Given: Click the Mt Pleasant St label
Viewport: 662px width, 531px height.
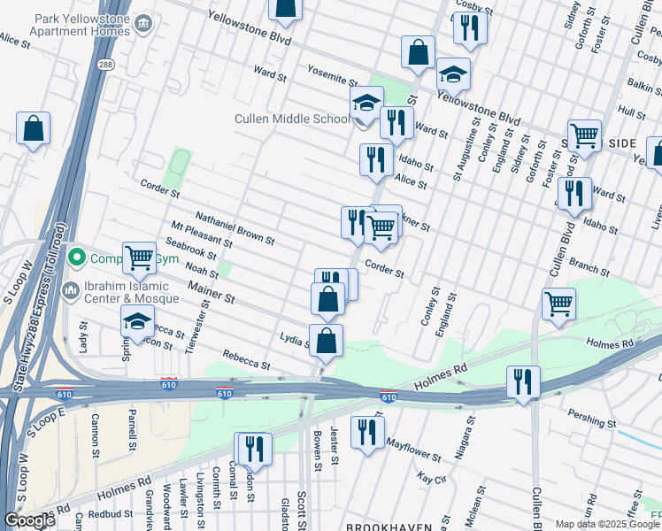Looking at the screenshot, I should [202, 235].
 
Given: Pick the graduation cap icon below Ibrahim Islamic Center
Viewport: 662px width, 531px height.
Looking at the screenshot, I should [138, 322].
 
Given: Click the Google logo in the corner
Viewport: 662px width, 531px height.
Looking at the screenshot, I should [30, 520].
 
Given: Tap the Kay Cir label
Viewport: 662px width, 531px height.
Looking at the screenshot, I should [428, 478].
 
